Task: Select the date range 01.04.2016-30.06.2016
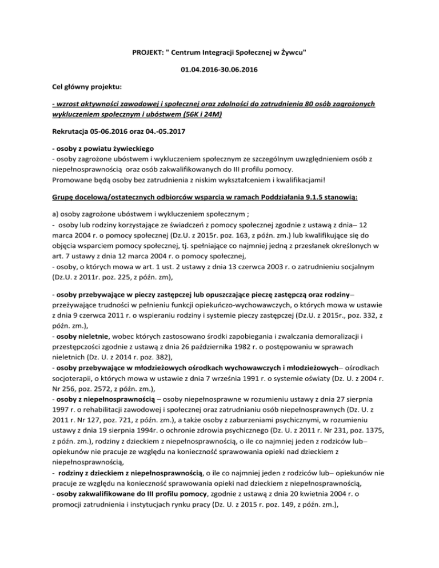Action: click(219, 73)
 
